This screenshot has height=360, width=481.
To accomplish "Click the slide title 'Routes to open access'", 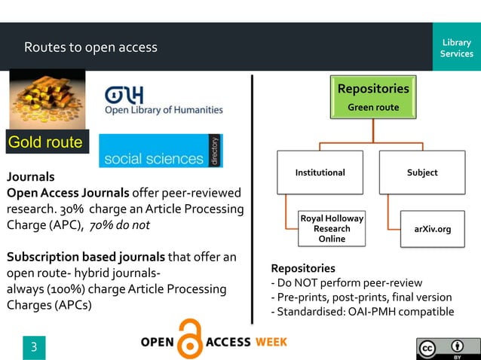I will pyautogui.click(x=90, y=47).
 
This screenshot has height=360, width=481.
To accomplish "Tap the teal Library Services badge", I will pyautogui.click(x=456, y=47).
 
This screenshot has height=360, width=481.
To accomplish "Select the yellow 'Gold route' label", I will pyautogui.click(x=45, y=142).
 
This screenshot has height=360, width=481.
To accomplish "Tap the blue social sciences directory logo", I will pyautogui.click(x=161, y=151).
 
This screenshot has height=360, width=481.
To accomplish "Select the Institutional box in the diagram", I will pyautogui.click(x=320, y=172).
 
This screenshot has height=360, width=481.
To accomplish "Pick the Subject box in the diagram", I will pyautogui.click(x=421, y=172).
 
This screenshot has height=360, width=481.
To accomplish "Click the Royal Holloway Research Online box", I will pyautogui.click(x=332, y=228).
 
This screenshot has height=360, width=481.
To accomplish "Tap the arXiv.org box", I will pyautogui.click(x=432, y=229).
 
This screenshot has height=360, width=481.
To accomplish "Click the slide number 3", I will pyautogui.click(x=33, y=347).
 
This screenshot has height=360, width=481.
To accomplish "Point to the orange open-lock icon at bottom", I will pyautogui.click(x=190, y=341).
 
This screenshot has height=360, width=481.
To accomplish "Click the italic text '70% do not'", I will pyautogui.click(x=119, y=225).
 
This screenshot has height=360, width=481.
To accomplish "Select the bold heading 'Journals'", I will pyautogui.click(x=31, y=178).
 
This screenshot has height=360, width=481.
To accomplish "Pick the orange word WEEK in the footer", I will pyautogui.click(x=271, y=342).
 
